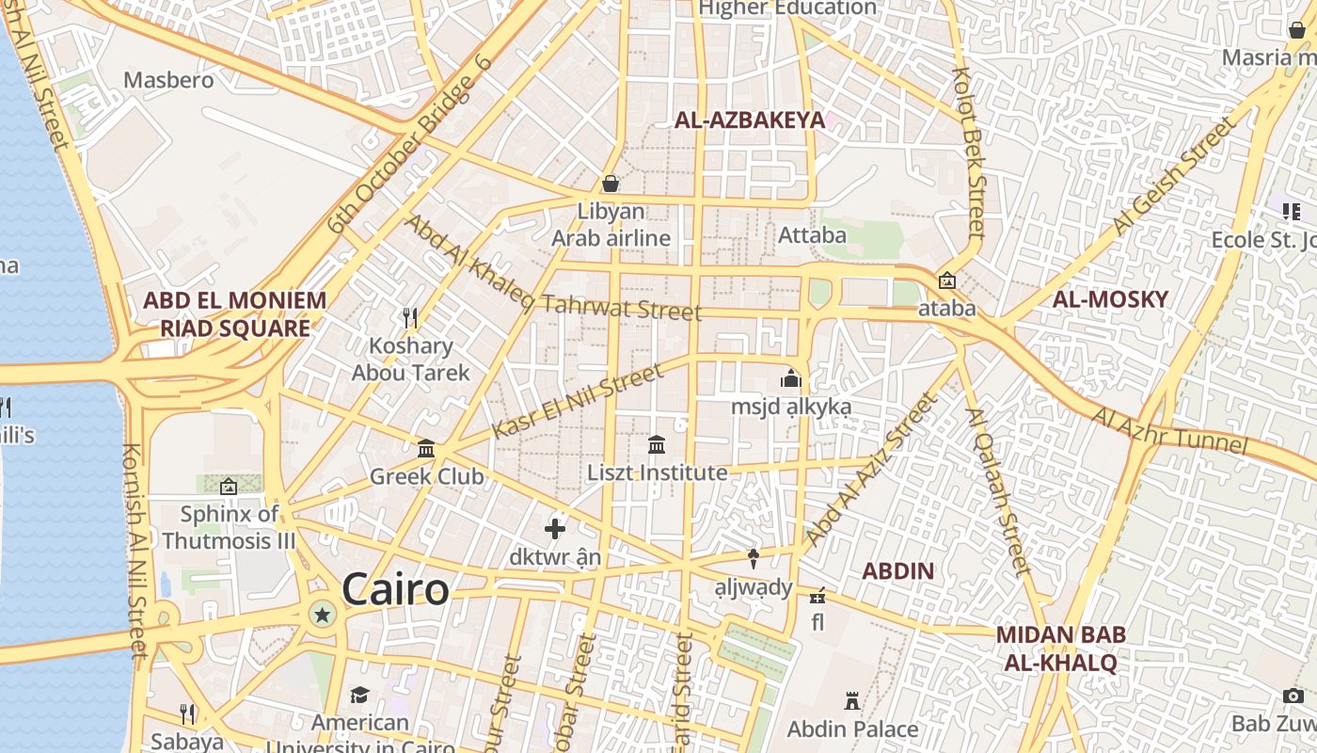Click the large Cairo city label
pyautogui.click(x=395, y=590)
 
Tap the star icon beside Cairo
pyautogui.click(x=323, y=615)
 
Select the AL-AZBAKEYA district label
pyautogui.click(x=749, y=120)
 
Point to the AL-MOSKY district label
pyautogui.click(x=1110, y=299)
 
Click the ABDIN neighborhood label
pyautogui.click(x=898, y=570)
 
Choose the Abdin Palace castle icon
pyautogui.click(x=852, y=701)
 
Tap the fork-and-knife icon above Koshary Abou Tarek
pyautogui.click(x=409, y=317)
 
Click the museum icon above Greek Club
pyautogui.click(x=426, y=448)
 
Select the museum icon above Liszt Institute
pyautogui.click(x=657, y=444)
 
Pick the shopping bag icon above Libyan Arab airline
pyautogui.click(x=611, y=183)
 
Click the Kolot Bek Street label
pyautogui.click(x=968, y=151)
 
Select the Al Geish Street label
pyautogui.click(x=1172, y=176)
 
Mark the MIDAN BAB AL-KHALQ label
pyautogui.click(x=1060, y=649)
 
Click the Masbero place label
pyautogui.click(x=168, y=80)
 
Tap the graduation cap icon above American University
pyautogui.click(x=359, y=696)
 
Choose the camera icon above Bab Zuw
pyautogui.click(x=1293, y=697)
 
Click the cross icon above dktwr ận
pyautogui.click(x=555, y=529)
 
